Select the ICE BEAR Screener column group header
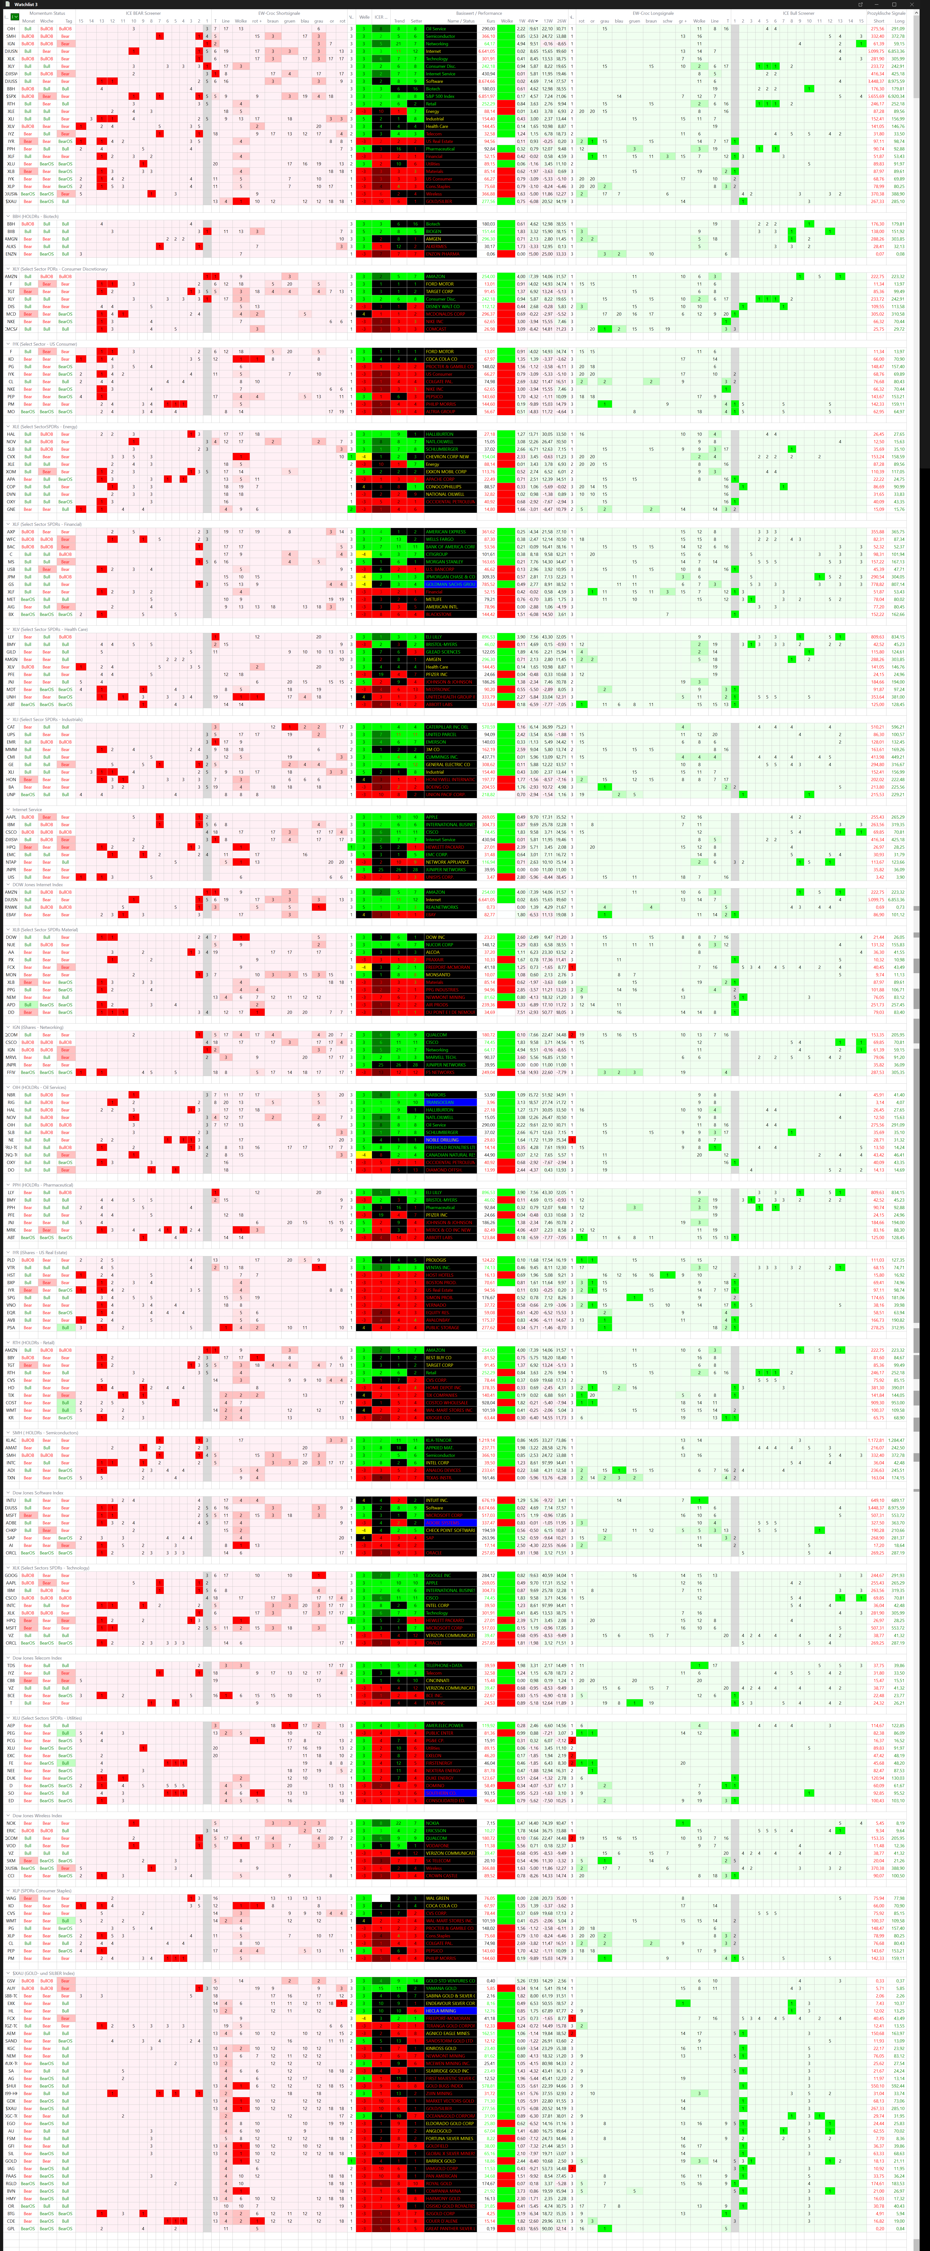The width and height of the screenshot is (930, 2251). coord(142,13)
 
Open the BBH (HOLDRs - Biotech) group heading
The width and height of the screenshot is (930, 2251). coord(35,216)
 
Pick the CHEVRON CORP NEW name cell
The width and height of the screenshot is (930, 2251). coord(448,456)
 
